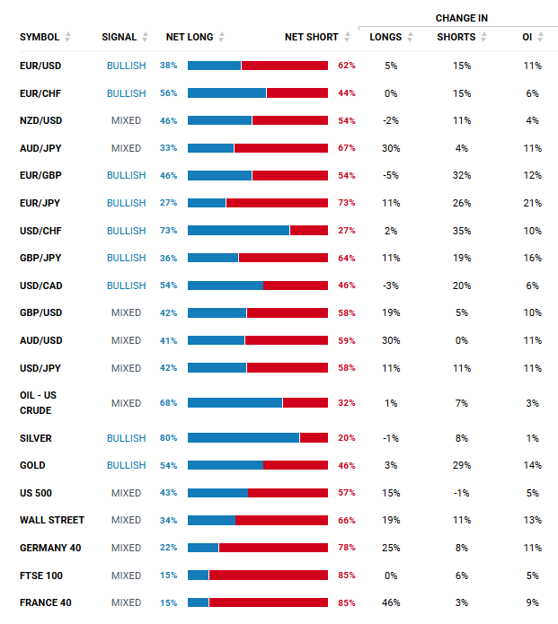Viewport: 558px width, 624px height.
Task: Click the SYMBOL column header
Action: point(40,37)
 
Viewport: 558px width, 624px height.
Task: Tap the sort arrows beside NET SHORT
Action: point(347,37)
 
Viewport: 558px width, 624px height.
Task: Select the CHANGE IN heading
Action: point(461,18)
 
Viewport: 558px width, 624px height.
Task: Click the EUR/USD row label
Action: point(40,66)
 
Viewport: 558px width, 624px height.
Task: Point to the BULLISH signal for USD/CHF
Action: point(126,231)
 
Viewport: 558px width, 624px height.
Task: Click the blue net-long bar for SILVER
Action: point(244,438)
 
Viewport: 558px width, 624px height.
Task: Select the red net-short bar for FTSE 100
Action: point(268,576)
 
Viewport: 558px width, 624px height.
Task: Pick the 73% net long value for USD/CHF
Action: point(169,231)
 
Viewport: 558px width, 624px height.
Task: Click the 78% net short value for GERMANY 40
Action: point(347,548)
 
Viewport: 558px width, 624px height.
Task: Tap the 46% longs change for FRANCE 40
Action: point(391,602)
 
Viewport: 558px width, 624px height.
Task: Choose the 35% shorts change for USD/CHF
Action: point(462,231)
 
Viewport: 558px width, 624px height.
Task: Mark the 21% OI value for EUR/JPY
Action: point(532,203)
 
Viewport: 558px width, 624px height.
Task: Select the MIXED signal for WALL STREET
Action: point(126,520)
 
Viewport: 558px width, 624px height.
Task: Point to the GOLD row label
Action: point(32,465)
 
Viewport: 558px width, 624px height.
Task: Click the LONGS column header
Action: point(385,37)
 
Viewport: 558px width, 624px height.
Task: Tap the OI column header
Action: point(527,37)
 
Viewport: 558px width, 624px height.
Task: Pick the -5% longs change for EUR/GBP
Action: point(391,175)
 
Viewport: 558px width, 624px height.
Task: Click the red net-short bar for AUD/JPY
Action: point(280,148)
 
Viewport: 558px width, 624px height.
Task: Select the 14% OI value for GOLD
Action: point(532,465)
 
